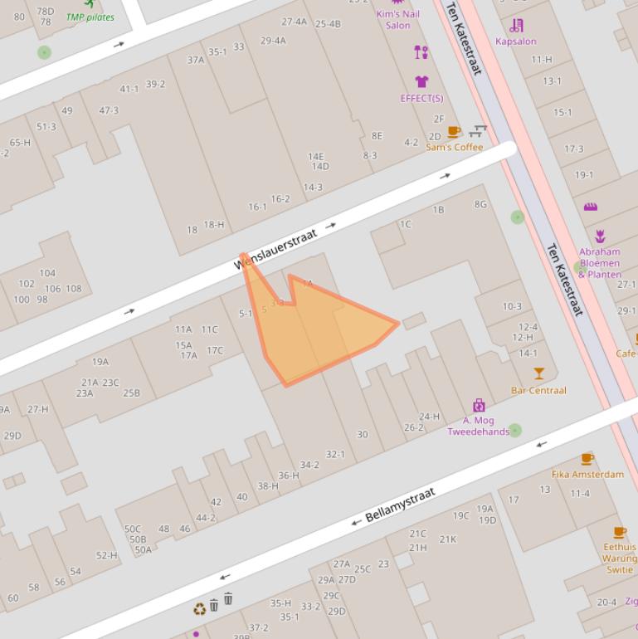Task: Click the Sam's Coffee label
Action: [454, 147]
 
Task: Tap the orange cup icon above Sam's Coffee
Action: [453, 132]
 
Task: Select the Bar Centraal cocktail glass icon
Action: [539, 373]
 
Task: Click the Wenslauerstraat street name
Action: [276, 250]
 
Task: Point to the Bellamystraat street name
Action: [400, 505]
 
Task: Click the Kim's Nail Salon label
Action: [397, 19]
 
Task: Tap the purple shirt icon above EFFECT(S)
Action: [421, 82]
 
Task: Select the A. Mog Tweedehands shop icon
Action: [479, 405]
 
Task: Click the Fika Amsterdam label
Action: [587, 474]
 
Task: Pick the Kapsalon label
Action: [516, 41]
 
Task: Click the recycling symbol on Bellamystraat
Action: [199, 609]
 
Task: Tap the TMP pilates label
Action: [90, 17]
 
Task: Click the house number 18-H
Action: [214, 224]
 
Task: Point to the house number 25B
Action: [131, 393]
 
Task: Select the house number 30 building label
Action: [362, 434]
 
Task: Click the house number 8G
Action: [480, 204]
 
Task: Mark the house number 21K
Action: [448, 539]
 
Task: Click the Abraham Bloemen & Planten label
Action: [599, 262]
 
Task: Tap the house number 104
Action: [47, 273]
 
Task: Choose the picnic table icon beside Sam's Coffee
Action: [477, 131]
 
